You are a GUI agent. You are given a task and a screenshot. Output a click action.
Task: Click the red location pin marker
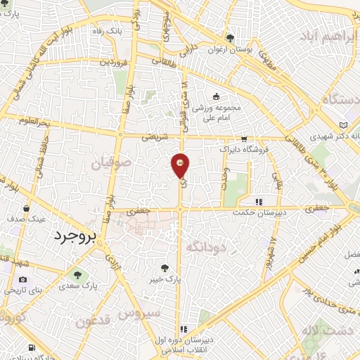pyautogui.click(x=181, y=165)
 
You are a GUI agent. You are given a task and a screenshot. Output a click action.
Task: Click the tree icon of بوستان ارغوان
pyautogui.click(x=230, y=39)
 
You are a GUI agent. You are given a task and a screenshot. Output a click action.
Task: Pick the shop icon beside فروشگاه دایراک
pyautogui.click(x=244, y=139)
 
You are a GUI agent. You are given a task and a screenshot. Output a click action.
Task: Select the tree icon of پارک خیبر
pyautogui.click(x=165, y=268)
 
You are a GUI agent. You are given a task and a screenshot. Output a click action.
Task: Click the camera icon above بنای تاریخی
pyautogui.click(x=23, y=280)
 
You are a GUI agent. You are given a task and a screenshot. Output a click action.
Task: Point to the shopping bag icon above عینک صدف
pyautogui.click(x=26, y=209)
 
